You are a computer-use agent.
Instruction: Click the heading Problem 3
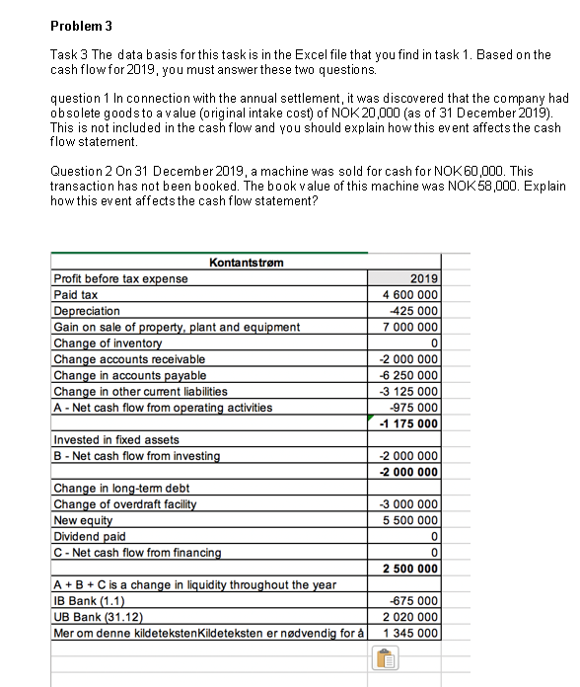[x=82, y=25]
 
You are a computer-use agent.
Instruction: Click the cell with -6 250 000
[x=409, y=375]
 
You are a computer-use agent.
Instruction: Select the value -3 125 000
[x=409, y=391]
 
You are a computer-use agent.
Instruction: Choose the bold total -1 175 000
[x=408, y=424]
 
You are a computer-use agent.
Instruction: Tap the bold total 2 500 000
[x=408, y=569]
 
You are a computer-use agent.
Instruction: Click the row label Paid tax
[x=76, y=294]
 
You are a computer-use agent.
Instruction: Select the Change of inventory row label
[x=106, y=343]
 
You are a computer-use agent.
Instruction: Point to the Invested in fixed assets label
[x=115, y=439]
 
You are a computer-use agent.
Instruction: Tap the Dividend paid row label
[x=89, y=536]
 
